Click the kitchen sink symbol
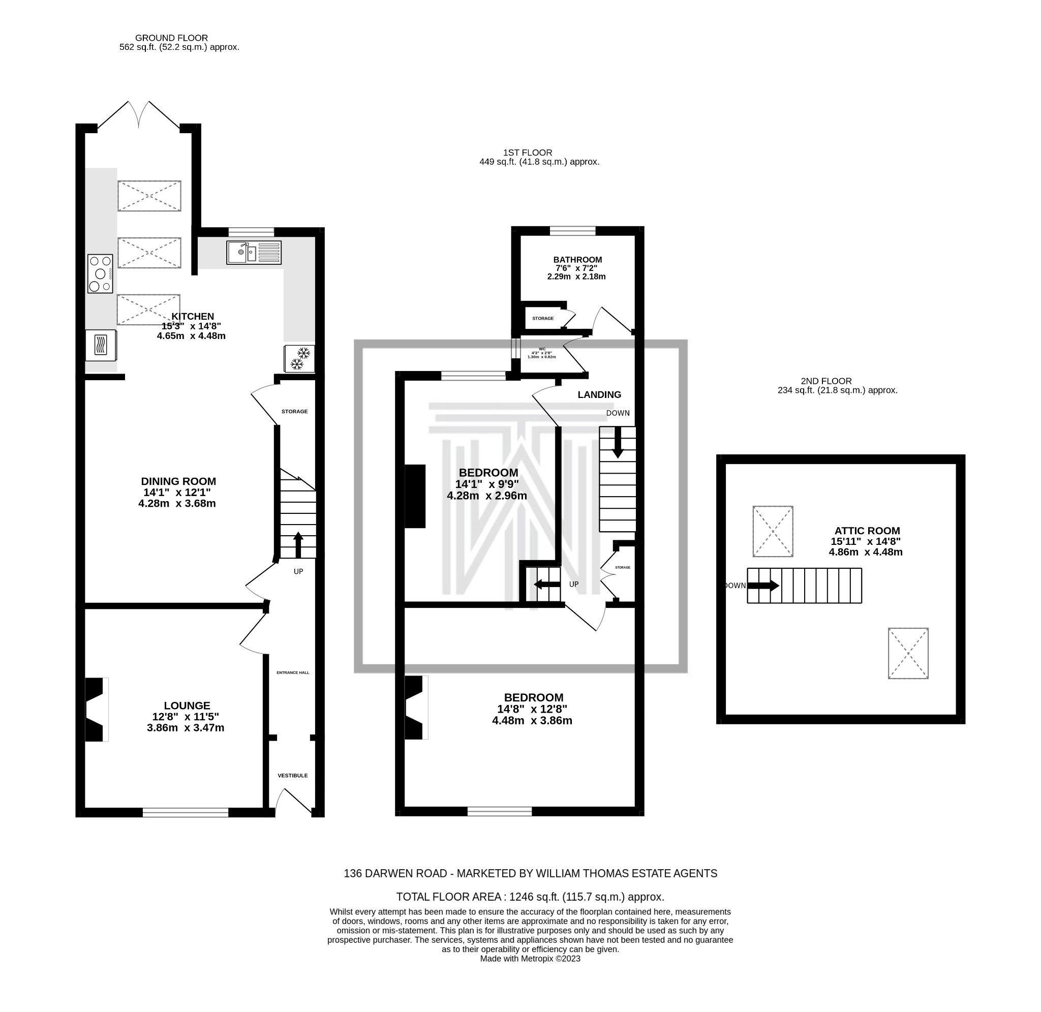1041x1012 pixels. (x=254, y=253)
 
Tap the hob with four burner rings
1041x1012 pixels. (x=100, y=274)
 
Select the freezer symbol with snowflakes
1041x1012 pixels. (x=300, y=359)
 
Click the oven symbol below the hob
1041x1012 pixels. (x=101, y=346)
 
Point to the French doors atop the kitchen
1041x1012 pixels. (x=139, y=114)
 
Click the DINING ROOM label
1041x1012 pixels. (x=178, y=481)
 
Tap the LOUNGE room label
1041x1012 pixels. (x=187, y=706)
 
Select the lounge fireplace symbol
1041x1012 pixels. (x=96, y=710)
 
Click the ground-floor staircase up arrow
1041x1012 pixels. (x=297, y=544)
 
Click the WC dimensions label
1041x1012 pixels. (x=541, y=355)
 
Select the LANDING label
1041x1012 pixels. (x=599, y=395)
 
